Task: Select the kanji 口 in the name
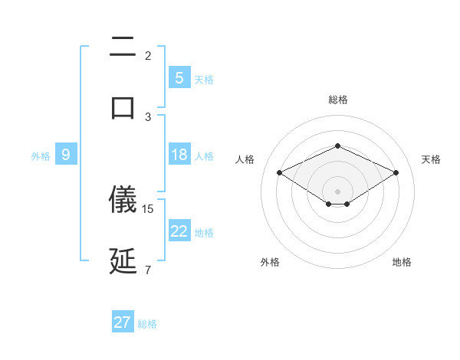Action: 123,106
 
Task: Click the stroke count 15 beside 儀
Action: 149,208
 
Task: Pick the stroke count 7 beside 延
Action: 148,270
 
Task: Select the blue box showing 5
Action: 179,78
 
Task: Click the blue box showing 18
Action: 179,155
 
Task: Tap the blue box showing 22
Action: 179,231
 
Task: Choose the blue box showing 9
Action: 66,155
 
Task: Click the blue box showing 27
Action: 123,322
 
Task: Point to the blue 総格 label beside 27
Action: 148,324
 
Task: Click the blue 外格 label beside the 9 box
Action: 41,156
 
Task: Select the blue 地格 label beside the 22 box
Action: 205,233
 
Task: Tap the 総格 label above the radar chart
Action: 337,100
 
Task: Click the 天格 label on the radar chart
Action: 431,159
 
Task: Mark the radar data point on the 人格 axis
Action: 279,173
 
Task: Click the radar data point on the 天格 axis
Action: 396,173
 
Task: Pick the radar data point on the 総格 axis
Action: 337,146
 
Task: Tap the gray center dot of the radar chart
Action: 337,191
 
